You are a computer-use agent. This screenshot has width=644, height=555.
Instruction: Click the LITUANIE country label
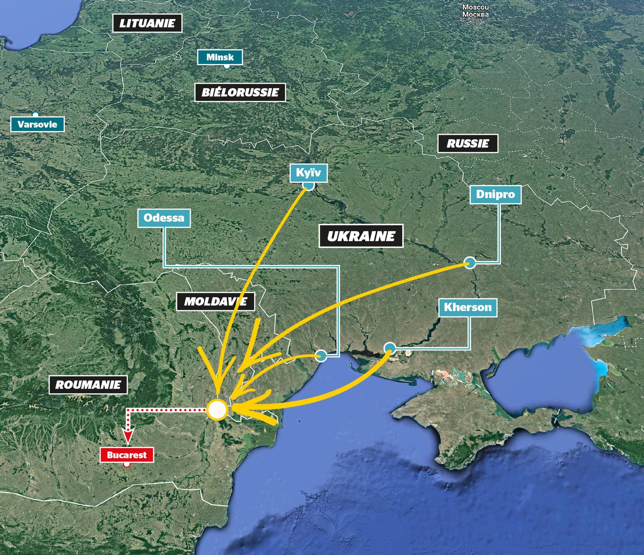[147, 23]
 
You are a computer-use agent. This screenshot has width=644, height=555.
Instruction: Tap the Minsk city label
[220, 57]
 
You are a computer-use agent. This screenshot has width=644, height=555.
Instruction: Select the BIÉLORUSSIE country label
[240, 93]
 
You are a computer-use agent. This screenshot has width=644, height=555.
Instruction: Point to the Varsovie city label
[37, 124]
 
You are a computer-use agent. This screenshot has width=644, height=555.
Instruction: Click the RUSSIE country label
[468, 143]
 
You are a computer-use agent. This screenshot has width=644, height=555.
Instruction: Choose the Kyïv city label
[308, 173]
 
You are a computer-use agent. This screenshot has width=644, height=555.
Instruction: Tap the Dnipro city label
[495, 194]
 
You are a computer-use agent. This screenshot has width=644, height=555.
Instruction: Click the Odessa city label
[164, 218]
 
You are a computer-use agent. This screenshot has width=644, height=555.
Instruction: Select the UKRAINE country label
[361, 236]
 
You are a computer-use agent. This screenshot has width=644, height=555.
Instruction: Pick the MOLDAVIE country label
[215, 301]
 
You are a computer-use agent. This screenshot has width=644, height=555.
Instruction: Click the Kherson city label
[468, 307]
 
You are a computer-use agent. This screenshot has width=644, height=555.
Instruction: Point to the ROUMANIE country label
[88, 385]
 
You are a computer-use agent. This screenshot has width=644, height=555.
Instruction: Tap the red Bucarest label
[127, 455]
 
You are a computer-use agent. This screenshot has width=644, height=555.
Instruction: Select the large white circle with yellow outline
[217, 410]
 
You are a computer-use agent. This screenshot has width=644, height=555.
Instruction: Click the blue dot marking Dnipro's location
[470, 262]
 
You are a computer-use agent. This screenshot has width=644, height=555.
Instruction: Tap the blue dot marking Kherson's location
[390, 348]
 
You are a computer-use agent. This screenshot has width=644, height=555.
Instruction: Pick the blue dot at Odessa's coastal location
[321, 356]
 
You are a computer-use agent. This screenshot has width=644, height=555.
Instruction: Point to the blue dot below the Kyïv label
[308, 186]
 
